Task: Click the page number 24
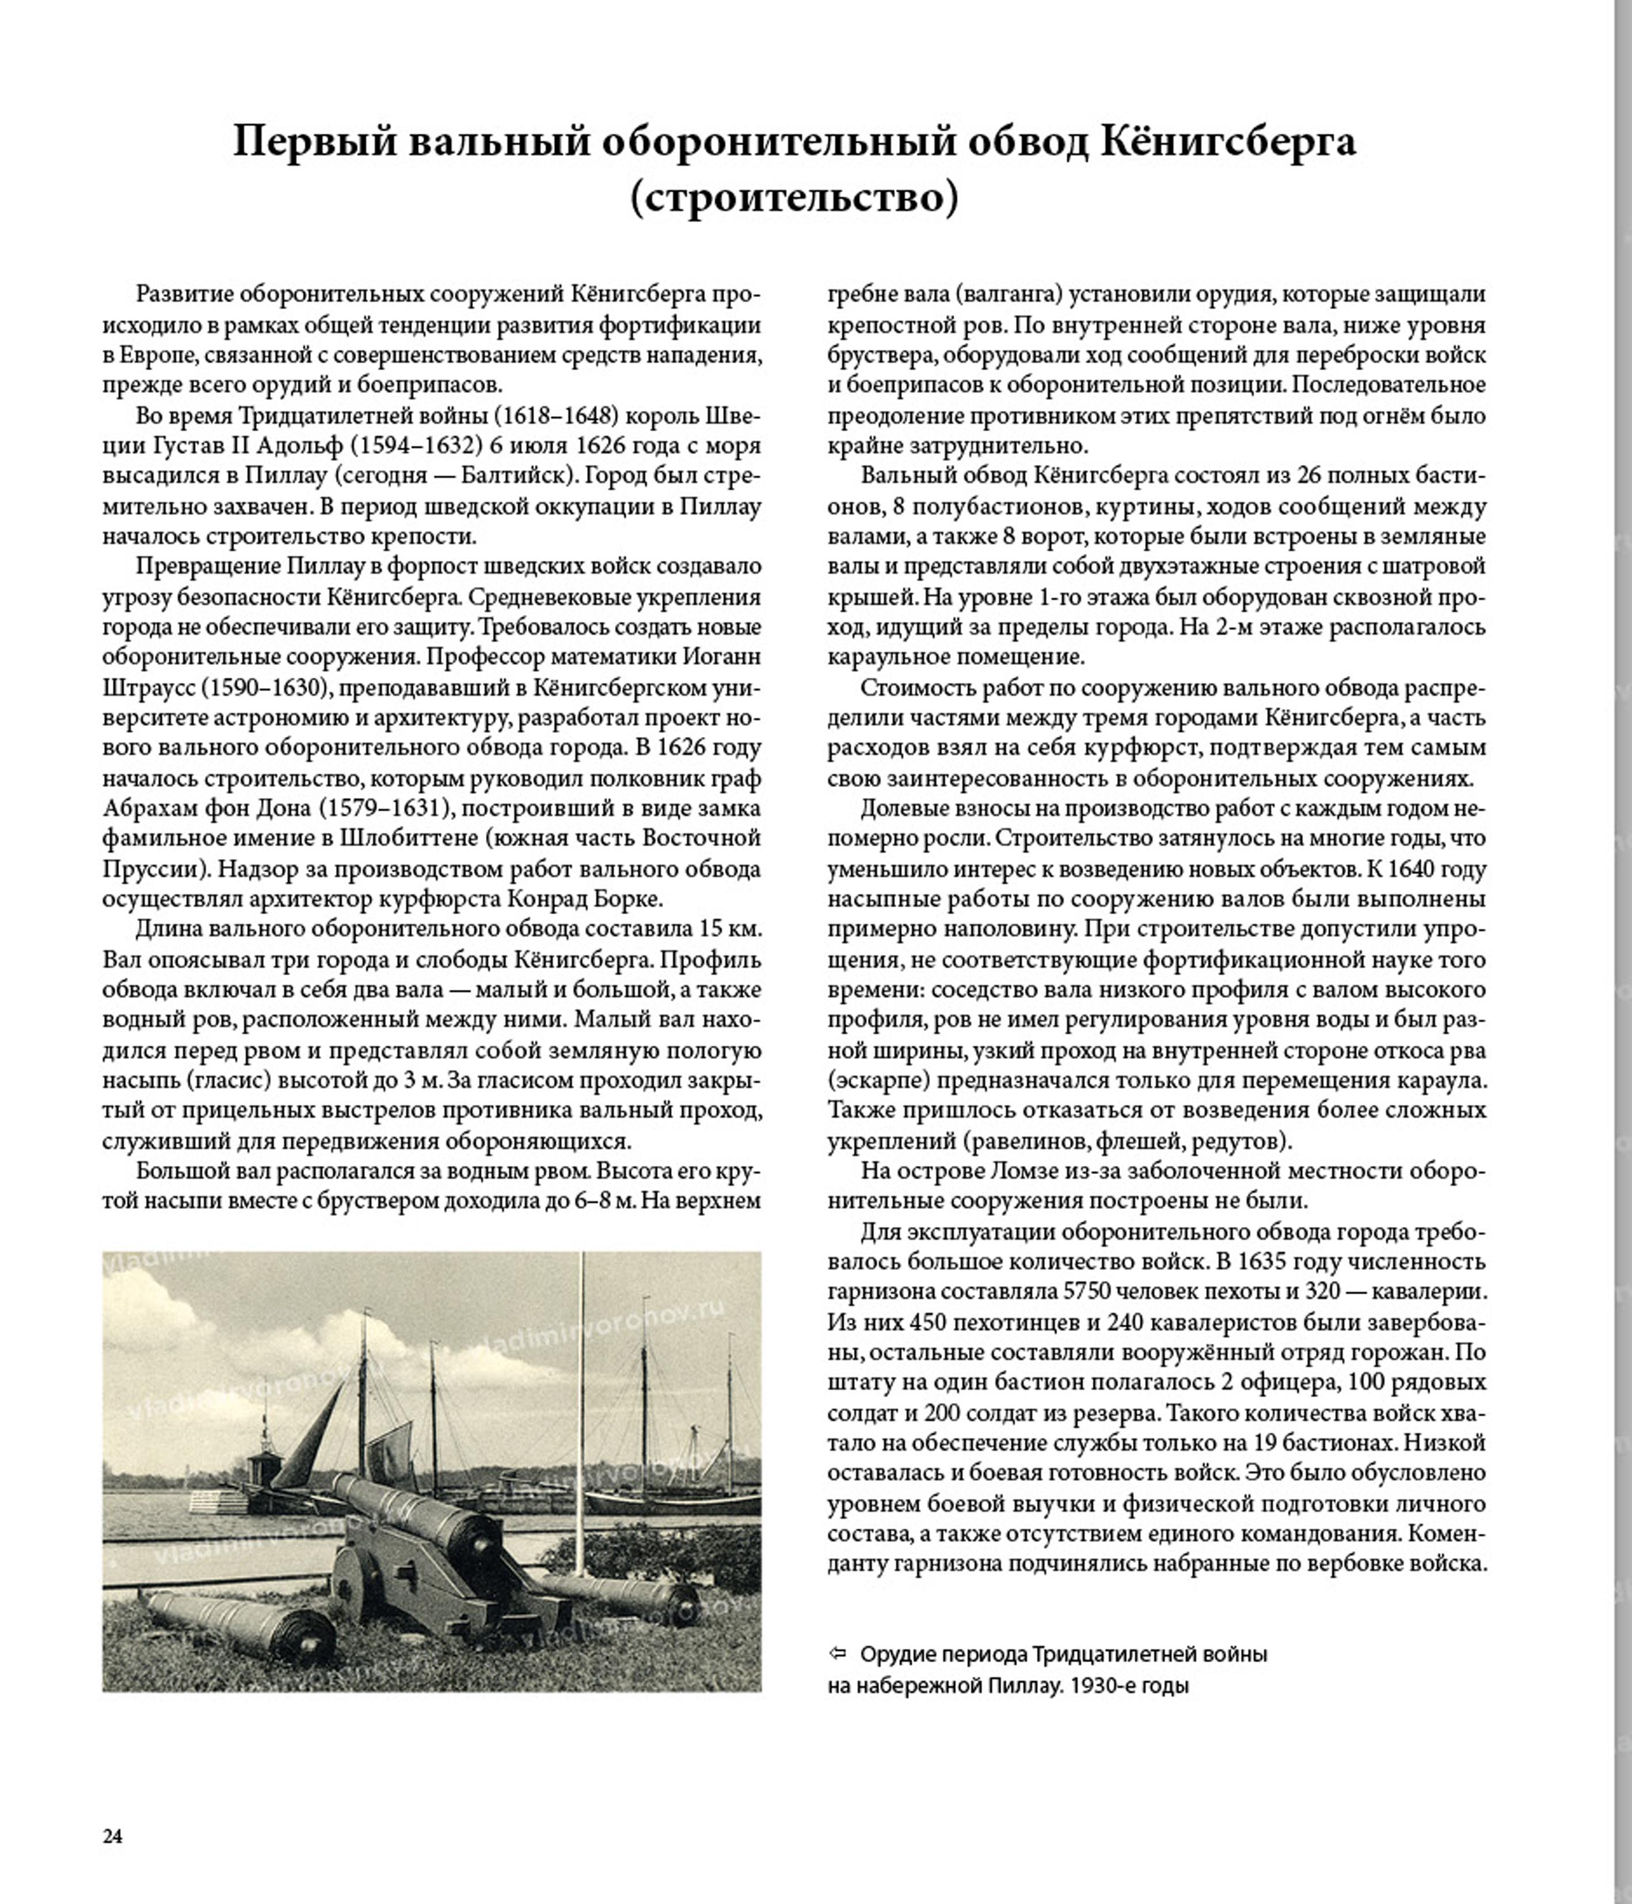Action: pyautogui.click(x=112, y=1836)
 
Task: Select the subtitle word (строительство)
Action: pyautogui.click(x=794, y=199)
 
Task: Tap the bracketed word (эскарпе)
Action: pyautogui.click(x=877, y=1081)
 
